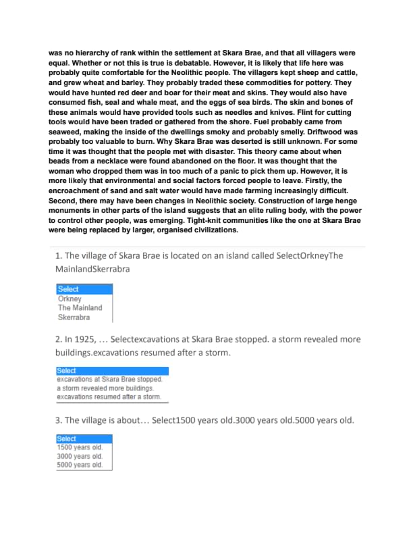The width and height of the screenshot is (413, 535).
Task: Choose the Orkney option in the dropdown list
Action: click(70, 299)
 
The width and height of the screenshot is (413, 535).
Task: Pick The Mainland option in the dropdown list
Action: click(80, 307)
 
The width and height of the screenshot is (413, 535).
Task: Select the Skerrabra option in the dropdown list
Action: click(74, 317)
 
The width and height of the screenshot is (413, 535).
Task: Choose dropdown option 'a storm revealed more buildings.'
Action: click(105, 388)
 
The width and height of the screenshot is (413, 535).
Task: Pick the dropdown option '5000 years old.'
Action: click(80, 465)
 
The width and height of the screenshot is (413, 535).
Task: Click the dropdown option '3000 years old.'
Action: click(80, 456)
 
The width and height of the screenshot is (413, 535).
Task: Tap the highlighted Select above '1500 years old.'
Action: click(67, 438)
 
